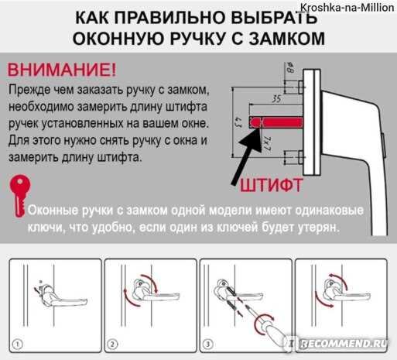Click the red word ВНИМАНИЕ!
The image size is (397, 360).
(x=62, y=70)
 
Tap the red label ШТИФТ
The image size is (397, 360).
(x=272, y=185)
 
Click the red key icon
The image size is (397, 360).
(x=19, y=195)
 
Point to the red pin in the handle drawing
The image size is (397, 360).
(x=276, y=122)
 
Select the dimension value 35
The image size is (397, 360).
(x=276, y=98)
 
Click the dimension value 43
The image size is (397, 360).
(x=238, y=122)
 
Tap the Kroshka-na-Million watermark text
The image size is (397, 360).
(x=347, y=8)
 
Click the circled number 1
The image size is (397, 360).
(x=18, y=345)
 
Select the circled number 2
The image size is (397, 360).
(x=112, y=345)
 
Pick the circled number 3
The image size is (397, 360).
(x=207, y=345)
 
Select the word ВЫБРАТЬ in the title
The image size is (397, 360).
(x=274, y=18)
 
